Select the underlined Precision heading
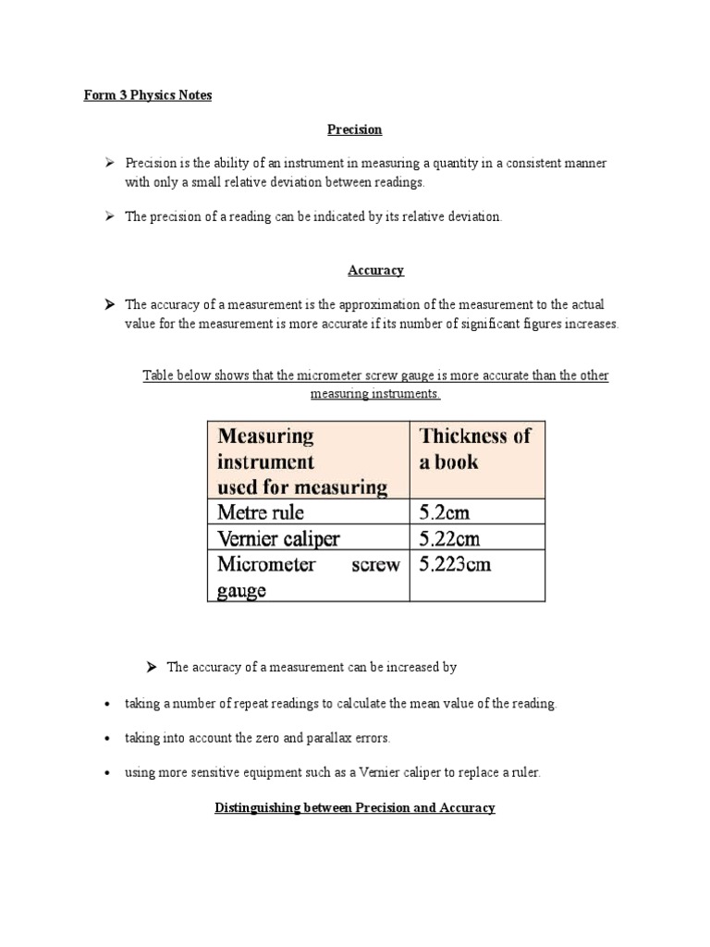(356, 129)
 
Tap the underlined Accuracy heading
(375, 270)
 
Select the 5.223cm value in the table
(455, 564)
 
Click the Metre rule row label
(261, 511)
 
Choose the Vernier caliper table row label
(278, 537)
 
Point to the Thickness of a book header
(475, 449)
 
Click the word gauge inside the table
(241, 590)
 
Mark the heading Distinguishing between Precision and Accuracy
(355, 807)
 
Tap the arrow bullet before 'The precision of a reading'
(108, 216)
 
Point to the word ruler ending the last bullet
(524, 773)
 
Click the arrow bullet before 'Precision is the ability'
(108, 164)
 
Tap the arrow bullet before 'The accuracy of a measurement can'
(153, 667)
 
